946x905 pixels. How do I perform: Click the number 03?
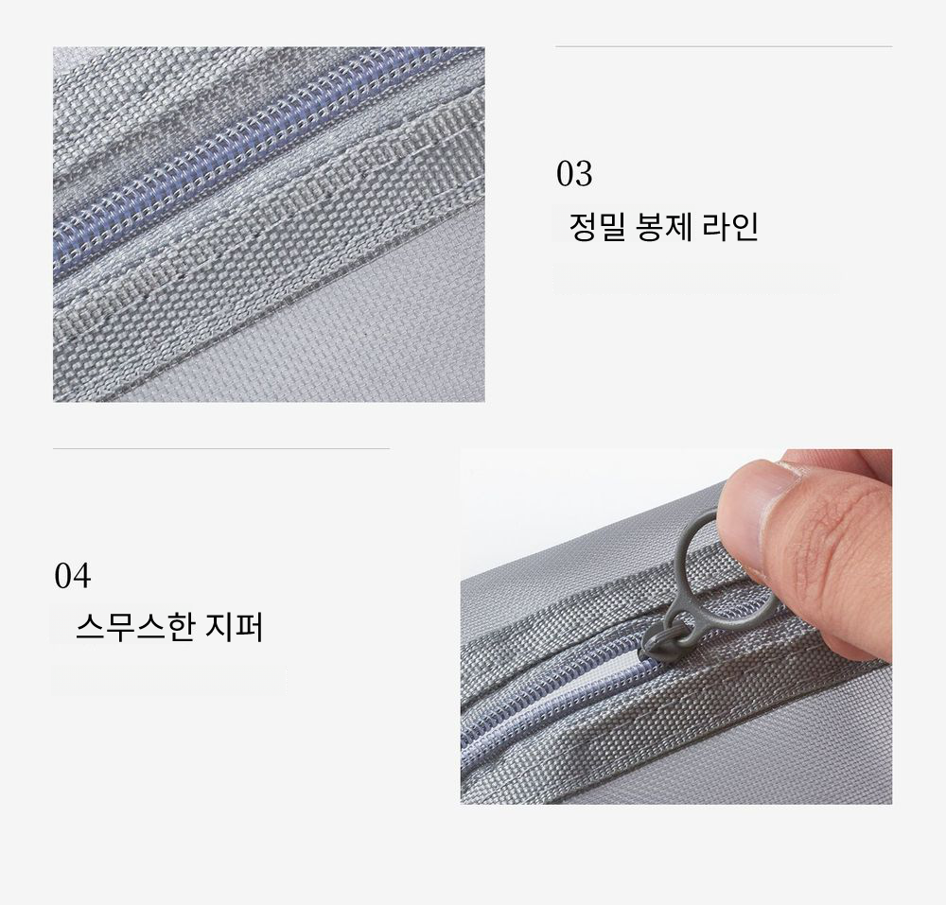(x=574, y=174)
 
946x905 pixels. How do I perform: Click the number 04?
(x=73, y=575)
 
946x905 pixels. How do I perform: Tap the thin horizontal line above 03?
(x=724, y=45)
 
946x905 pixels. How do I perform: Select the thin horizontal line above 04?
(x=221, y=448)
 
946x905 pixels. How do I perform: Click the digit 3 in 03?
(x=584, y=174)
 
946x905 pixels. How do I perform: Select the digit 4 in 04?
(x=82, y=575)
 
